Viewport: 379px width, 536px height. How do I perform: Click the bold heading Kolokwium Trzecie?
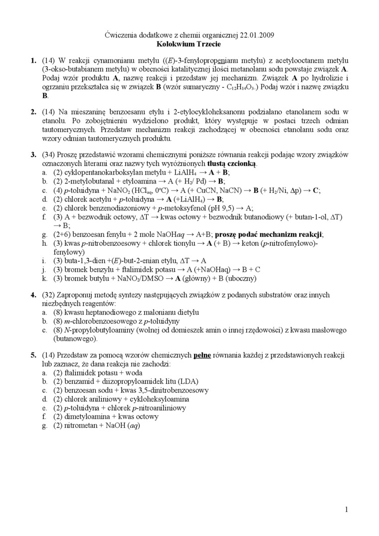coord(189,44)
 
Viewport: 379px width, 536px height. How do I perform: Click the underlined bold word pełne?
coord(202,356)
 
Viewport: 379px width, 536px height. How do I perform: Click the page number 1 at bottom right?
coord(346,509)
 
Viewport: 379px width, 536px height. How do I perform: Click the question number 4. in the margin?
coord(33,295)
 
